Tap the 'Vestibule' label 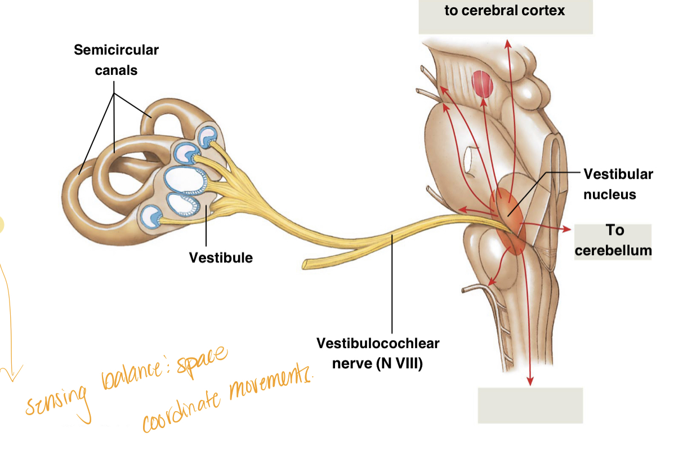point(221,258)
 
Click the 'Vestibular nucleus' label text point(618,184)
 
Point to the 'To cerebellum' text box point(613,240)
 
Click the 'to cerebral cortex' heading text point(505,11)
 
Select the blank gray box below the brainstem point(530,405)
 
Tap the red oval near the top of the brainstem point(482,84)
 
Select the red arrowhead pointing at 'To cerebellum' point(565,229)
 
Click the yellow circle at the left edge point(2,224)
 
